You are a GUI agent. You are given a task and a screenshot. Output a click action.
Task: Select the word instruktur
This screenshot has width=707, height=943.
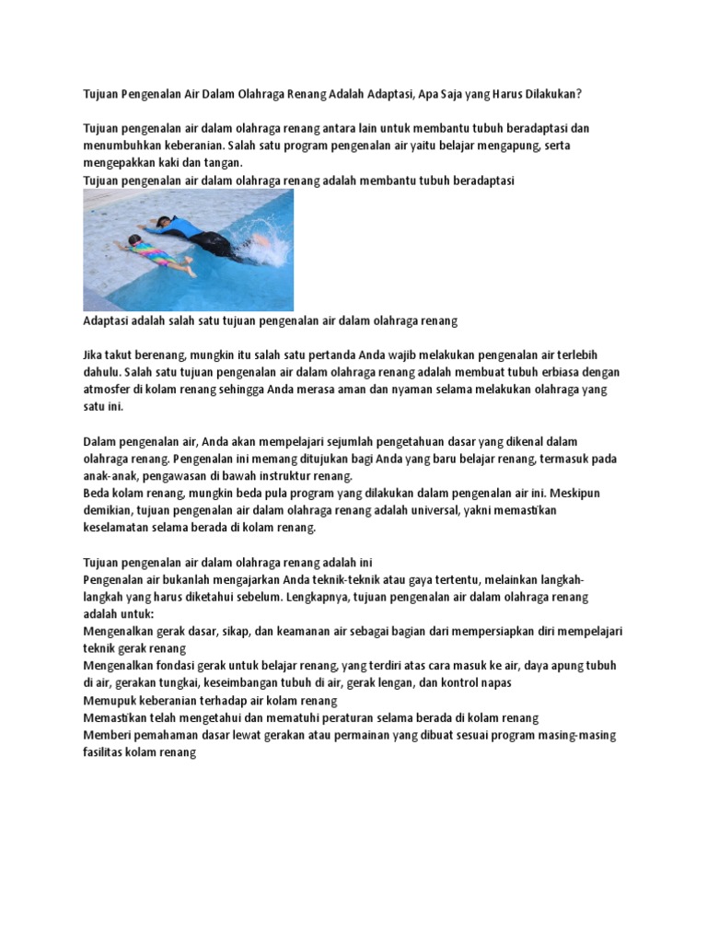pyautogui.click(x=266, y=475)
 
